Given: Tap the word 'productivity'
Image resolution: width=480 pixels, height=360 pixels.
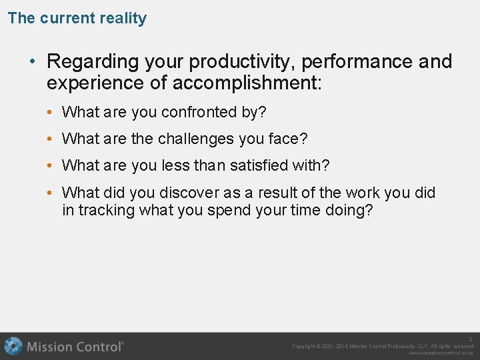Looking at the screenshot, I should pos(243,62).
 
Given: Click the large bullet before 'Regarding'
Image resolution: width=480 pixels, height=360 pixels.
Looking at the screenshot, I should pos(32,62).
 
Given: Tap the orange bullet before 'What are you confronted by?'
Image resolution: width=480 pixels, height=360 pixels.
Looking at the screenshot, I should pos(51,113).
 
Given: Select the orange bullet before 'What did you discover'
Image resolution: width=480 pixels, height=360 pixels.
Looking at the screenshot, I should pos(51,193).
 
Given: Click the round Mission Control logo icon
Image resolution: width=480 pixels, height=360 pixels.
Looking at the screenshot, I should pos(13,347).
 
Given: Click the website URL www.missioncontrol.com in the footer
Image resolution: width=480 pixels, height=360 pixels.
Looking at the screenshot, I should pos(441,353).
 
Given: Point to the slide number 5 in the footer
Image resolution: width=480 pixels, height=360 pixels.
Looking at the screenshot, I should pos(470,339).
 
